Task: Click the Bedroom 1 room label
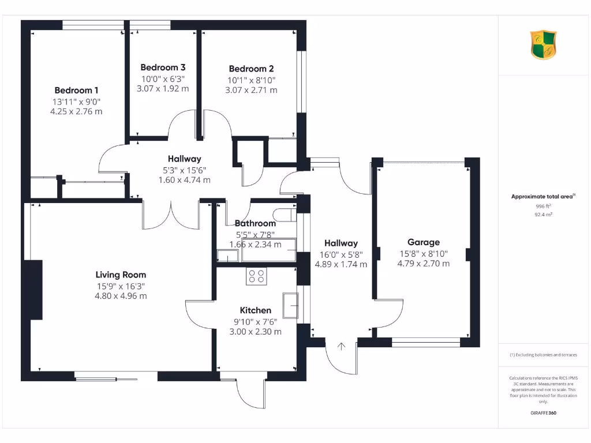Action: [76, 90]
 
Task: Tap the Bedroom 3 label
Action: [163, 67]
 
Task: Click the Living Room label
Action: [121, 275]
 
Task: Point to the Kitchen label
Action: [256, 310]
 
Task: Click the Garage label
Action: [424, 242]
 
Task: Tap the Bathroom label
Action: [255, 224]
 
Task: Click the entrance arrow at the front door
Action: [341, 347]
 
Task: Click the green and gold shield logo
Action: [544, 45]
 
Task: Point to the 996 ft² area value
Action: [543, 206]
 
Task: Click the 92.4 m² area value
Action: [543, 214]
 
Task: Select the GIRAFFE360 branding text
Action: [543, 413]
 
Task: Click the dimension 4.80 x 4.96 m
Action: [121, 296]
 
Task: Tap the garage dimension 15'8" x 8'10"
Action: [424, 253]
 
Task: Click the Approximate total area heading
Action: [543, 197]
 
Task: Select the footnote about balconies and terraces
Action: [543, 355]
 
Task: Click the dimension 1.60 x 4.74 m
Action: [185, 179]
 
